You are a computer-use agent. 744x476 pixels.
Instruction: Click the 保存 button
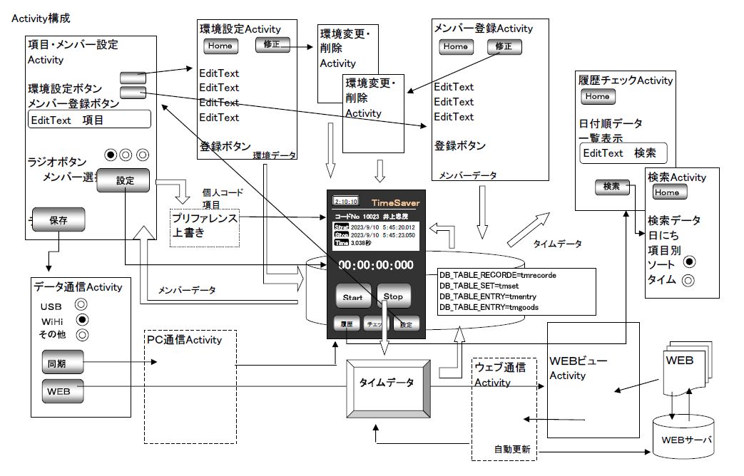[58, 220]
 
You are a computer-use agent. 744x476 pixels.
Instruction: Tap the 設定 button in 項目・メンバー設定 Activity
[124, 180]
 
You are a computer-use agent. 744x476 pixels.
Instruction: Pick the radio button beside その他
[81, 333]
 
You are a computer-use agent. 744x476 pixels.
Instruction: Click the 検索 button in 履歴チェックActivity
[611, 187]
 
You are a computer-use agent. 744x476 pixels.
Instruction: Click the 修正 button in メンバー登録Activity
[504, 47]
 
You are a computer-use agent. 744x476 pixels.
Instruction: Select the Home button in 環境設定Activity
[220, 46]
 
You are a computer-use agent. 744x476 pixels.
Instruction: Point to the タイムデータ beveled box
[390, 383]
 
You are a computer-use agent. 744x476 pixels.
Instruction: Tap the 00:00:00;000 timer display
[376, 264]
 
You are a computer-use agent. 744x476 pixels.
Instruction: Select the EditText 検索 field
[623, 153]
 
